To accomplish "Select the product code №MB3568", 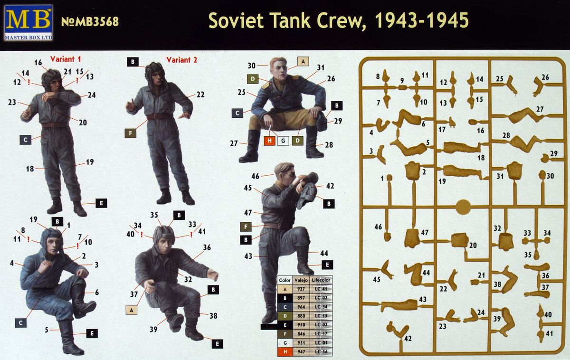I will click(90, 22).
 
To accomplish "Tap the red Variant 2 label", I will click(181, 60).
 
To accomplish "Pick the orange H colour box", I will click(269, 141).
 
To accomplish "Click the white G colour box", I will click(283, 141).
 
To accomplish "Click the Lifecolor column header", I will click(322, 280).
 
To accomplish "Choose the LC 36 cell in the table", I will click(322, 352).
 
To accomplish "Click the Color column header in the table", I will click(285, 280).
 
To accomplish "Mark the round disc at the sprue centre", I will click(463, 207).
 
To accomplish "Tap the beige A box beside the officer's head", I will click(304, 61).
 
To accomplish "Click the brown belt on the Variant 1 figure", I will click(55, 125).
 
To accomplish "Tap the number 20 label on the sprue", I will click(472, 245).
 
